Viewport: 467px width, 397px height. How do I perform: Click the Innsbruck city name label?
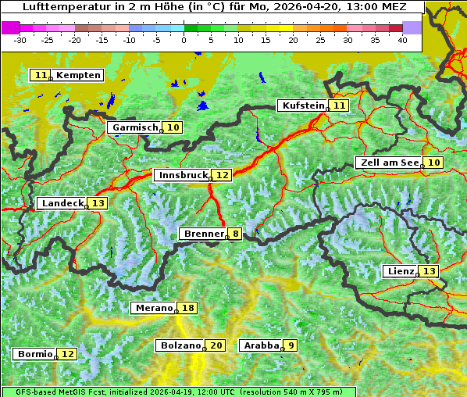[183, 176]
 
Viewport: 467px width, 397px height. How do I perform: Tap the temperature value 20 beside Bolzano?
[216, 345]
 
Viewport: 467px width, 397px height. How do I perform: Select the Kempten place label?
[78, 75]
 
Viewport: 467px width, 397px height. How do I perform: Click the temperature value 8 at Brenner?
[235, 234]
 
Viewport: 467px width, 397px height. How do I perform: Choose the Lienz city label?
[400, 271]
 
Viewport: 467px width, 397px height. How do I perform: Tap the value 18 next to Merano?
[187, 309]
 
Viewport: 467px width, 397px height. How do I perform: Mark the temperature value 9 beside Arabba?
[291, 345]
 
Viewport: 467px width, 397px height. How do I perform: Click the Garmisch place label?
[135, 127]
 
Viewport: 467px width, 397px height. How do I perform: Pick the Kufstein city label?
[303, 106]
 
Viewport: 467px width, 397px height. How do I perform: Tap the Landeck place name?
[62, 203]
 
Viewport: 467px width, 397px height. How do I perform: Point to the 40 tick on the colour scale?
[402, 39]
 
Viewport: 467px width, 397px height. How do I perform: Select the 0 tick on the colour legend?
[184, 39]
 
